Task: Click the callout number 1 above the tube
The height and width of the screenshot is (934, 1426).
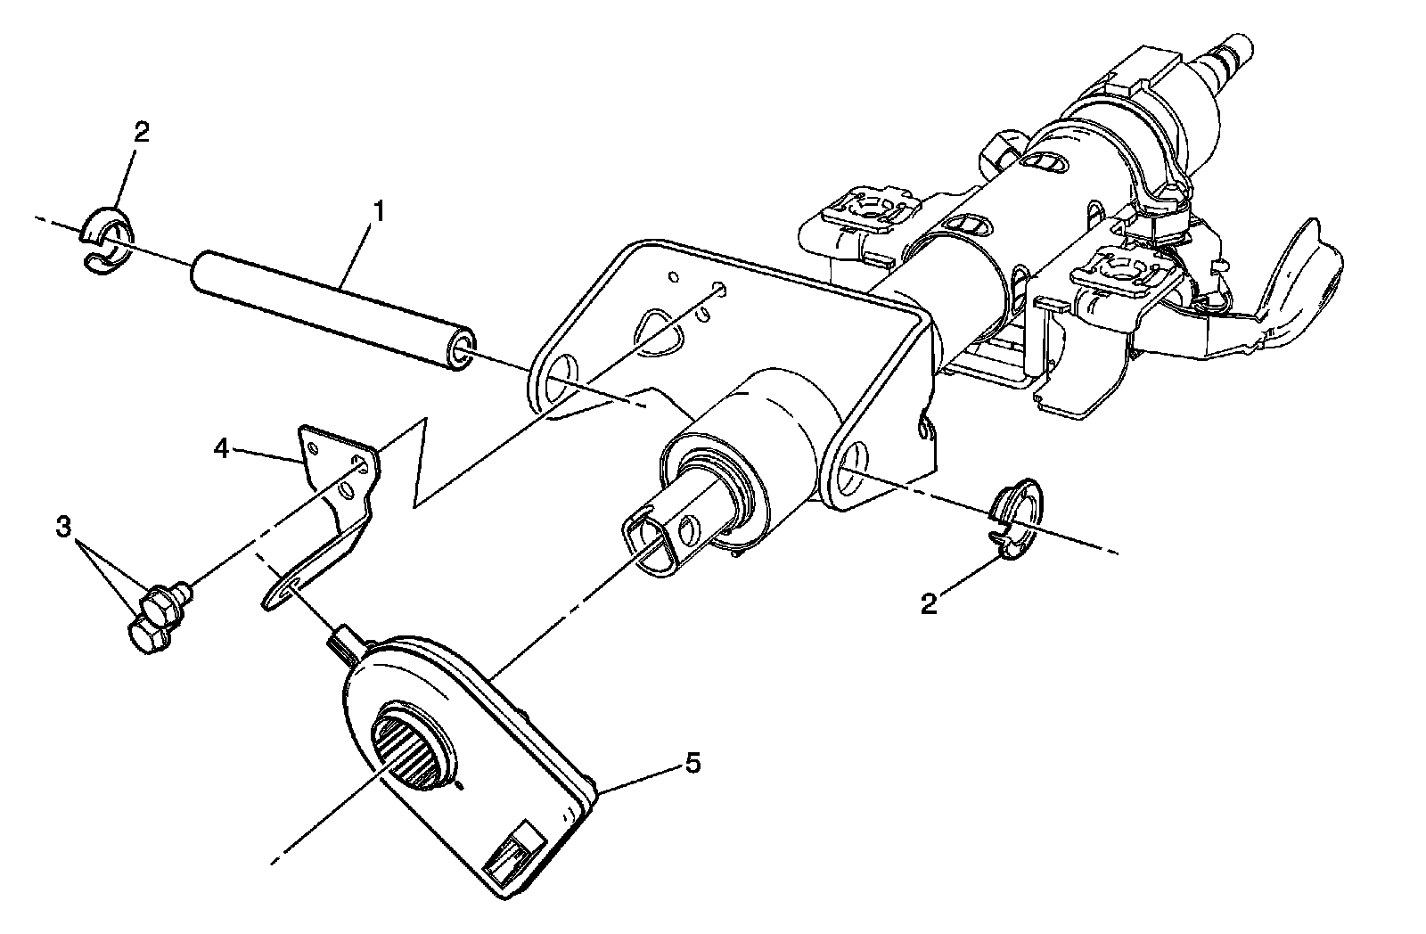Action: click(379, 212)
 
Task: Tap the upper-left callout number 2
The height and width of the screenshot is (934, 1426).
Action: click(141, 133)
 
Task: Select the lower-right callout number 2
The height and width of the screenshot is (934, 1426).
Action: click(929, 605)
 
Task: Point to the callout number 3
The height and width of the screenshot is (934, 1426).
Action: click(62, 528)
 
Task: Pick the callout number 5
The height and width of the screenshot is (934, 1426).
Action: click(692, 763)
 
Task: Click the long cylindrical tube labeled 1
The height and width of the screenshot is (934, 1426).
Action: click(330, 312)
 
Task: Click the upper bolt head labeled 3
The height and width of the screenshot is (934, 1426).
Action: click(160, 598)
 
